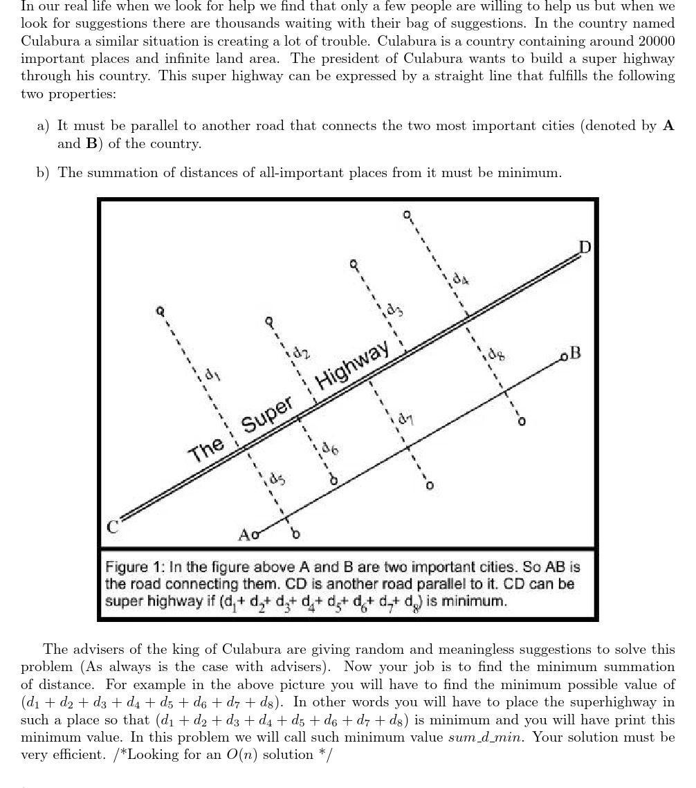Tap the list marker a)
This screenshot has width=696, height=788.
(44, 126)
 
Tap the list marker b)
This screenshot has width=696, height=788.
(44, 173)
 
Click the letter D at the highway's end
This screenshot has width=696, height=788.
(585, 247)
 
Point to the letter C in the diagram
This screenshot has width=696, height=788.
(113, 526)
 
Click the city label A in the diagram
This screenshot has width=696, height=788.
(244, 535)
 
